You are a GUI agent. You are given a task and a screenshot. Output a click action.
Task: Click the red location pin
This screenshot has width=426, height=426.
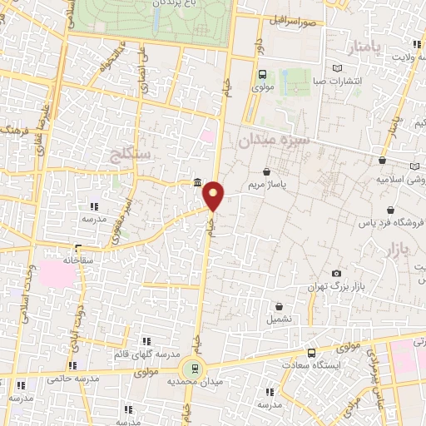pyautogui.click(x=215, y=195)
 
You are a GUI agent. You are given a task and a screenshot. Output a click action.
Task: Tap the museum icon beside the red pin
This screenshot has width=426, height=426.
pyautogui.click(x=196, y=183)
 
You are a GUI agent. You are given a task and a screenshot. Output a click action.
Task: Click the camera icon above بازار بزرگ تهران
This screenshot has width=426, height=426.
pyautogui.click(x=336, y=273)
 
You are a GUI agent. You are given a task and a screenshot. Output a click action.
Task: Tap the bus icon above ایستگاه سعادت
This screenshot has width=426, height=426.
pyautogui.click(x=311, y=353)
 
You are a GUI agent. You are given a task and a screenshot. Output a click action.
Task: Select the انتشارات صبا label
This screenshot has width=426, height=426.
pyautogui.click(x=336, y=81)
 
